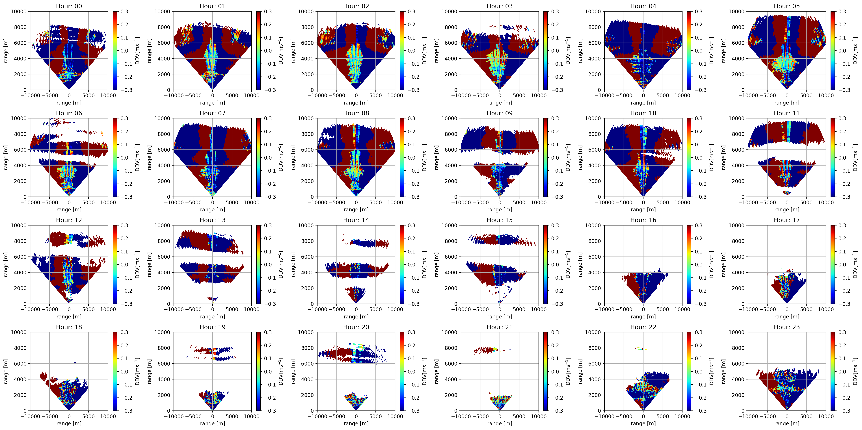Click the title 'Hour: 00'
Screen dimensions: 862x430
[x=69, y=6]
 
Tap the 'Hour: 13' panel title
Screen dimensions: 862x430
[x=213, y=220]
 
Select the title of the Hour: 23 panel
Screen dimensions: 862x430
[x=787, y=327]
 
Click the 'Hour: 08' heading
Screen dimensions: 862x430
[x=356, y=113]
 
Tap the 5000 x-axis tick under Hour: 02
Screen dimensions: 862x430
[x=375, y=95]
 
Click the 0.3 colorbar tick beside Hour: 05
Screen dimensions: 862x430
[x=842, y=11]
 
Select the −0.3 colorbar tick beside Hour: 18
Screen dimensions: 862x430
[x=126, y=411]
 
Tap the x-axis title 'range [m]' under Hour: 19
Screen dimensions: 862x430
[x=213, y=423]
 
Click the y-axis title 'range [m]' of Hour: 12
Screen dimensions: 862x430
[x=6, y=264]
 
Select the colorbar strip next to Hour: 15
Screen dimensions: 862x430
[x=546, y=264]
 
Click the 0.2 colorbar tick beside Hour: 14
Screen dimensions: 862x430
[x=411, y=238]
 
